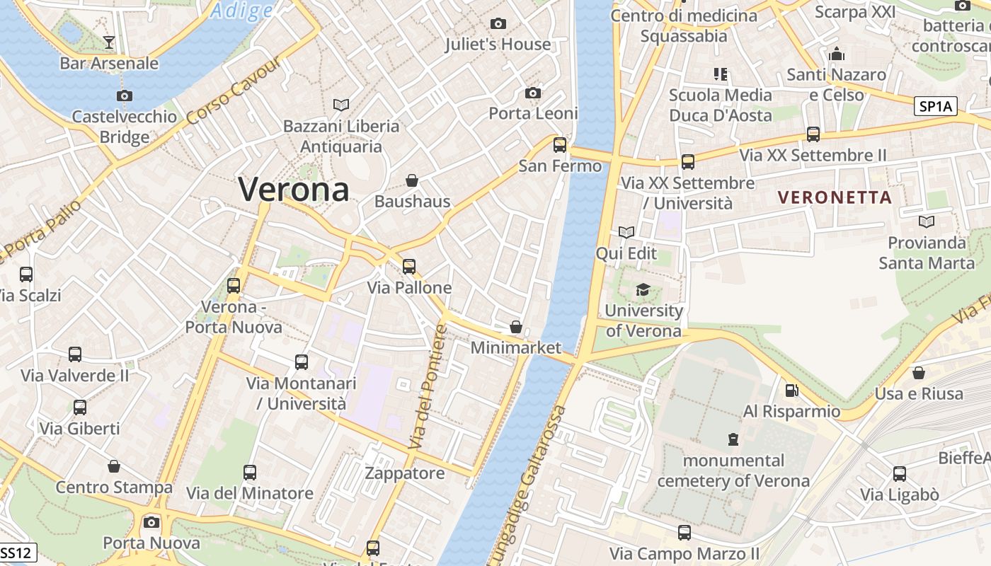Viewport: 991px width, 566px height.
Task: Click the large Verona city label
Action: coord(293,190)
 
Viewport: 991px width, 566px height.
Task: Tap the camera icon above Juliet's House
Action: coord(498,24)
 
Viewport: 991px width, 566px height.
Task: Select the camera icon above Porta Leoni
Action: coord(533,93)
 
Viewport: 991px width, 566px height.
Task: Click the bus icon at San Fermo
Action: coord(560,145)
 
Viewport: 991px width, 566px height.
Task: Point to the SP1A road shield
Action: coord(935,107)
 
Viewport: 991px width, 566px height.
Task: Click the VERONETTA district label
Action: coord(835,197)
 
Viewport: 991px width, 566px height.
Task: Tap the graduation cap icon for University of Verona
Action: coord(643,289)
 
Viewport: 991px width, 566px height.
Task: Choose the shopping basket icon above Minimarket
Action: coord(516,327)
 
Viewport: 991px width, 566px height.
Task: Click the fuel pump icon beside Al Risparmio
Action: coord(792,391)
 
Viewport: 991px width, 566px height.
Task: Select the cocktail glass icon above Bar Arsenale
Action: coord(108,42)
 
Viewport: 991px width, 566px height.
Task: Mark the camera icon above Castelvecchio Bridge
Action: coord(125,96)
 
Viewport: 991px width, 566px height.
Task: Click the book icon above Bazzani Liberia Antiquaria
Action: coord(341,105)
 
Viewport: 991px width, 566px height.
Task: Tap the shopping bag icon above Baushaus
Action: coord(412,181)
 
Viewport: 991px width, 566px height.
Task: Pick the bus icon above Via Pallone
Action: coord(409,267)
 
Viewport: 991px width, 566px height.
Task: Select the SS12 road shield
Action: coord(15,552)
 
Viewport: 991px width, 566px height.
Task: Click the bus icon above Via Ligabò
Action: coord(899,473)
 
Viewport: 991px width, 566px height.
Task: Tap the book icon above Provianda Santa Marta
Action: coord(926,222)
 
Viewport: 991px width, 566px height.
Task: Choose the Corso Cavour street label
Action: coord(234,90)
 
